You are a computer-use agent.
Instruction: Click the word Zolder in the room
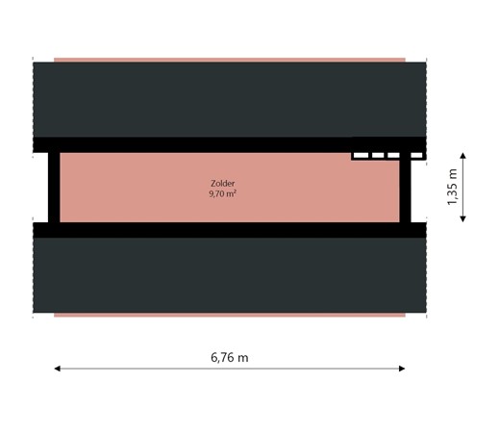222,183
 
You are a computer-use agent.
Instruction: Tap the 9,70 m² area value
222,193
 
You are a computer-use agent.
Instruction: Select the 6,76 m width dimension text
230,357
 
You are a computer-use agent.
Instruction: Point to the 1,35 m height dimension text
452,188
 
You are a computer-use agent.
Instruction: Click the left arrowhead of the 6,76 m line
58,368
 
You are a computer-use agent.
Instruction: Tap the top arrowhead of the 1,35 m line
463,154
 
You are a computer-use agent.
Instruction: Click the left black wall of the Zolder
54,187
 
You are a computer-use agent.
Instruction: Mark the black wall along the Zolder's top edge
192,145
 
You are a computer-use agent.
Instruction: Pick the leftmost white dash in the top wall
360,154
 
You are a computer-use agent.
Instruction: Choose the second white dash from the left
378,154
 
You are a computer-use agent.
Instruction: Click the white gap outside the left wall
40,187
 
